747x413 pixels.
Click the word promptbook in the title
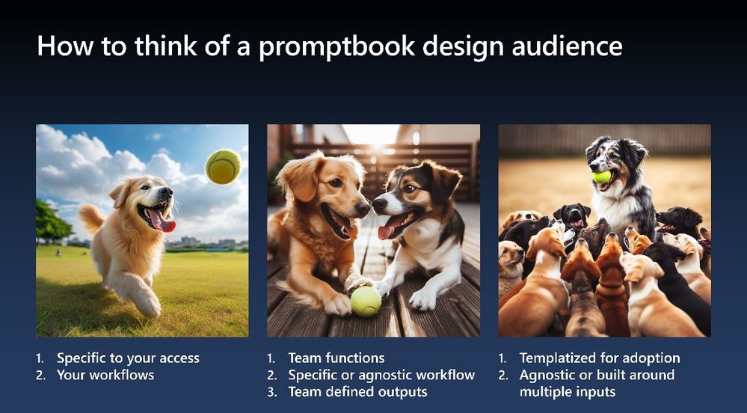[336, 46]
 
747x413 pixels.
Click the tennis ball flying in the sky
[223, 167]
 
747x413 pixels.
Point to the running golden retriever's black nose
[166, 192]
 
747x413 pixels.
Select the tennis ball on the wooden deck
[366, 301]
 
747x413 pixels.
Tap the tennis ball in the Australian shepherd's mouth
[602, 177]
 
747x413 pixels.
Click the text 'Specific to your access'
[128, 358]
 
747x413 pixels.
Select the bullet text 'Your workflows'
[105, 375]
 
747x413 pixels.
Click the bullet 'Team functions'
[336, 358]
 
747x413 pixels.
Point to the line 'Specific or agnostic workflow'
[381, 376]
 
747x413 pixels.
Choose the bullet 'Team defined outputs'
[357, 392]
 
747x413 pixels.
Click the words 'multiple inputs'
[568, 392]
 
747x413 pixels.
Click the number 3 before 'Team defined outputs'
[271, 392]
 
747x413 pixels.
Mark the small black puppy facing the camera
[572, 216]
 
